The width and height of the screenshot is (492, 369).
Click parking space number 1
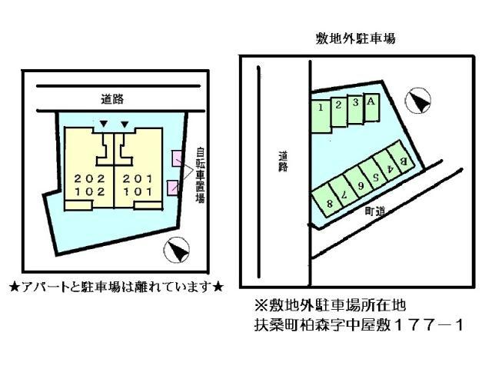(321, 116)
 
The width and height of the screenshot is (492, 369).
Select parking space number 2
(339, 112)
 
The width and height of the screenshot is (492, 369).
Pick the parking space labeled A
(371, 107)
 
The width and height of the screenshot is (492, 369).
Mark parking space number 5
(374, 173)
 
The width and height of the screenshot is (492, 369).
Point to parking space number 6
(359, 181)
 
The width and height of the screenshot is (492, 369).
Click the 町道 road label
(375, 211)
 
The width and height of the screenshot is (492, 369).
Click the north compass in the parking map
(418, 100)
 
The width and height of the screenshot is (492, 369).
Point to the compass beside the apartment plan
(177, 250)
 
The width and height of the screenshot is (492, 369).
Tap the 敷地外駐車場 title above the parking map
(355, 39)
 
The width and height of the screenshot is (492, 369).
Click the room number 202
(89, 179)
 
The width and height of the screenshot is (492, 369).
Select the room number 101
(138, 191)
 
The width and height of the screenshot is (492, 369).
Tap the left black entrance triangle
(104, 125)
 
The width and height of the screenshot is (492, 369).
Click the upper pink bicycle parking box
(176, 159)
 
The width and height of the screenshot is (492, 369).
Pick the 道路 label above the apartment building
(112, 99)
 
